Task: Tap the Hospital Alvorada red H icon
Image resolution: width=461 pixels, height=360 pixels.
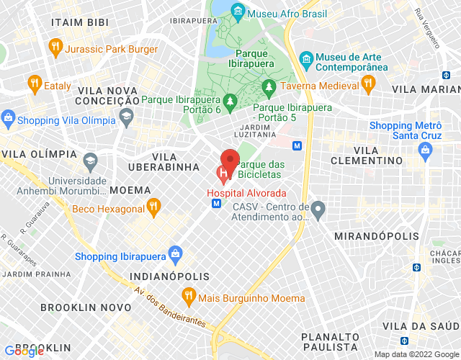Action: coord(224,174)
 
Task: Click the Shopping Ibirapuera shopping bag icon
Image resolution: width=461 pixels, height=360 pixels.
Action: coord(175,253)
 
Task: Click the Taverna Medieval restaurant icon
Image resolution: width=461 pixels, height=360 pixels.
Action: coord(367,84)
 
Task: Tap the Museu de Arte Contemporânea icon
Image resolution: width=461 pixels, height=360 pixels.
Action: coord(307,58)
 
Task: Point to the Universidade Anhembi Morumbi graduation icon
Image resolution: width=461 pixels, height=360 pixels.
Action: coord(91,159)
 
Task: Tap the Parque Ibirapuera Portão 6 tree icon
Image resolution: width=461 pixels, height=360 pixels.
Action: coord(230,101)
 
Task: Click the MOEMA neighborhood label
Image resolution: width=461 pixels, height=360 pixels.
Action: coord(130,190)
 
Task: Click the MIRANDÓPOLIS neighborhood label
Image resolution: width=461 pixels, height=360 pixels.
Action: coord(377,236)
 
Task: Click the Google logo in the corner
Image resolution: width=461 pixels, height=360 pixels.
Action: coord(23,351)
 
